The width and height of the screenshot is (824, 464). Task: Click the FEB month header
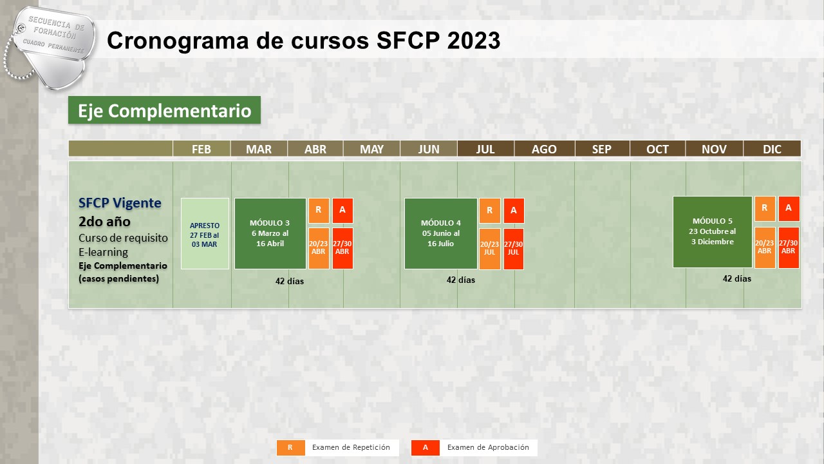201,149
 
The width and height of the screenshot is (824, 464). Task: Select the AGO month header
544,149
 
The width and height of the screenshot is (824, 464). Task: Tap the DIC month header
772,149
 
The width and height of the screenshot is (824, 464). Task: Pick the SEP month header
602,149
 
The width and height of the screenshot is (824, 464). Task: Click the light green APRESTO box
205,234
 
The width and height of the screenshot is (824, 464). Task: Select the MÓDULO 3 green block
270,233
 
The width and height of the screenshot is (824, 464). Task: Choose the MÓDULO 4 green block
441,233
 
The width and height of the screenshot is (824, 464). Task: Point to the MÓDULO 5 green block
712,231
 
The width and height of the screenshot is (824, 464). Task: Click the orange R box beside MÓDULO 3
319,210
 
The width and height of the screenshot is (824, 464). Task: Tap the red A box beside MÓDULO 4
514,210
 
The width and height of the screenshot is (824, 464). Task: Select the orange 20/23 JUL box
490,249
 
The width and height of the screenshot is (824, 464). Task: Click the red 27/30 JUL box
514,249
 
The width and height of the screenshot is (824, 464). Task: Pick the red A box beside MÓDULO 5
789,208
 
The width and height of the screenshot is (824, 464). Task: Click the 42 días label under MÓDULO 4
460,280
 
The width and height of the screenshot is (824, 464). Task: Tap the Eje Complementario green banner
164,110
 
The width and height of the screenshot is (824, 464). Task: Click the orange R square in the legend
290,448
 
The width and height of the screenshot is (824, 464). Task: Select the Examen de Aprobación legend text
488,447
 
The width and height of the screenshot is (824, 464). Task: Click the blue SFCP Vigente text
120,203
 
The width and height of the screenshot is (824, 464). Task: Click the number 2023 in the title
474,40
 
